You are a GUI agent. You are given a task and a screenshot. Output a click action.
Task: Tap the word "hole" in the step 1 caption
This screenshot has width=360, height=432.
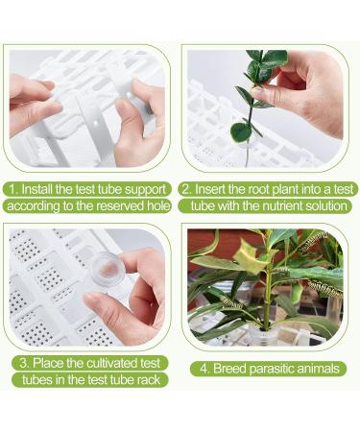pyautogui.click(x=158, y=205)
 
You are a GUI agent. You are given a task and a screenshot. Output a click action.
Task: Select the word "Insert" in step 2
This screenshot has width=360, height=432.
pyautogui.click(x=210, y=189)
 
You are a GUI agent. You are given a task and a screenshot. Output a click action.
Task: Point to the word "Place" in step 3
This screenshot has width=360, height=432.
pyautogui.click(x=48, y=363)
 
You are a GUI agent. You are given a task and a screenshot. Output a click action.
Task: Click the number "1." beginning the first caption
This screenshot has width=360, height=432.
pyautogui.click(x=13, y=189)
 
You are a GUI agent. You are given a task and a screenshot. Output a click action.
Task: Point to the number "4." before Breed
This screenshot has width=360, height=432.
pyautogui.click(x=205, y=369)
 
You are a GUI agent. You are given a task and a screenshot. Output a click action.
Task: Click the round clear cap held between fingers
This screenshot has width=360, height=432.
pyautogui.click(x=106, y=268)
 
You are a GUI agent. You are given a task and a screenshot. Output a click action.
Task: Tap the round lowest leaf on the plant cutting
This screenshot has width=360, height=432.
pyautogui.click(x=241, y=132)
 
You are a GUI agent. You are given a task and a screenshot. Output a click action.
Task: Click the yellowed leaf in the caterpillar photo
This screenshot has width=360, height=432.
pyautogui.click(x=249, y=257)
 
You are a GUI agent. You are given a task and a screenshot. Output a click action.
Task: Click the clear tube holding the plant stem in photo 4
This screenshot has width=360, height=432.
pyautogui.click(x=264, y=336)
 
